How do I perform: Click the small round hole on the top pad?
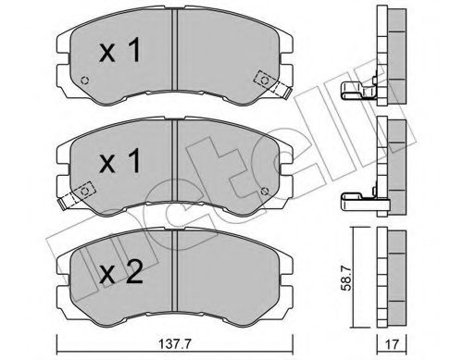click(x=84, y=81)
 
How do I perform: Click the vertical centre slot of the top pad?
click(x=175, y=61)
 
